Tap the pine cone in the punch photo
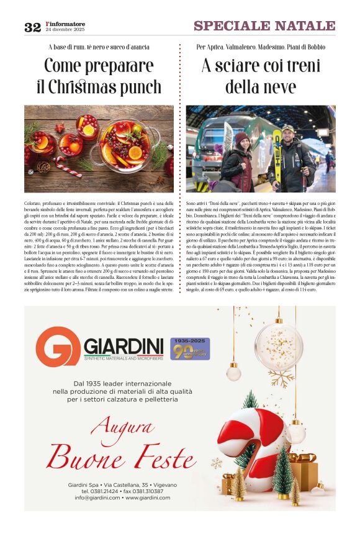[x=43, y=166]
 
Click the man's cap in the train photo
[x=287, y=128]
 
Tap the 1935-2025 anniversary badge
[x=189, y=348]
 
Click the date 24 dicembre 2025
[x=65, y=30]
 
